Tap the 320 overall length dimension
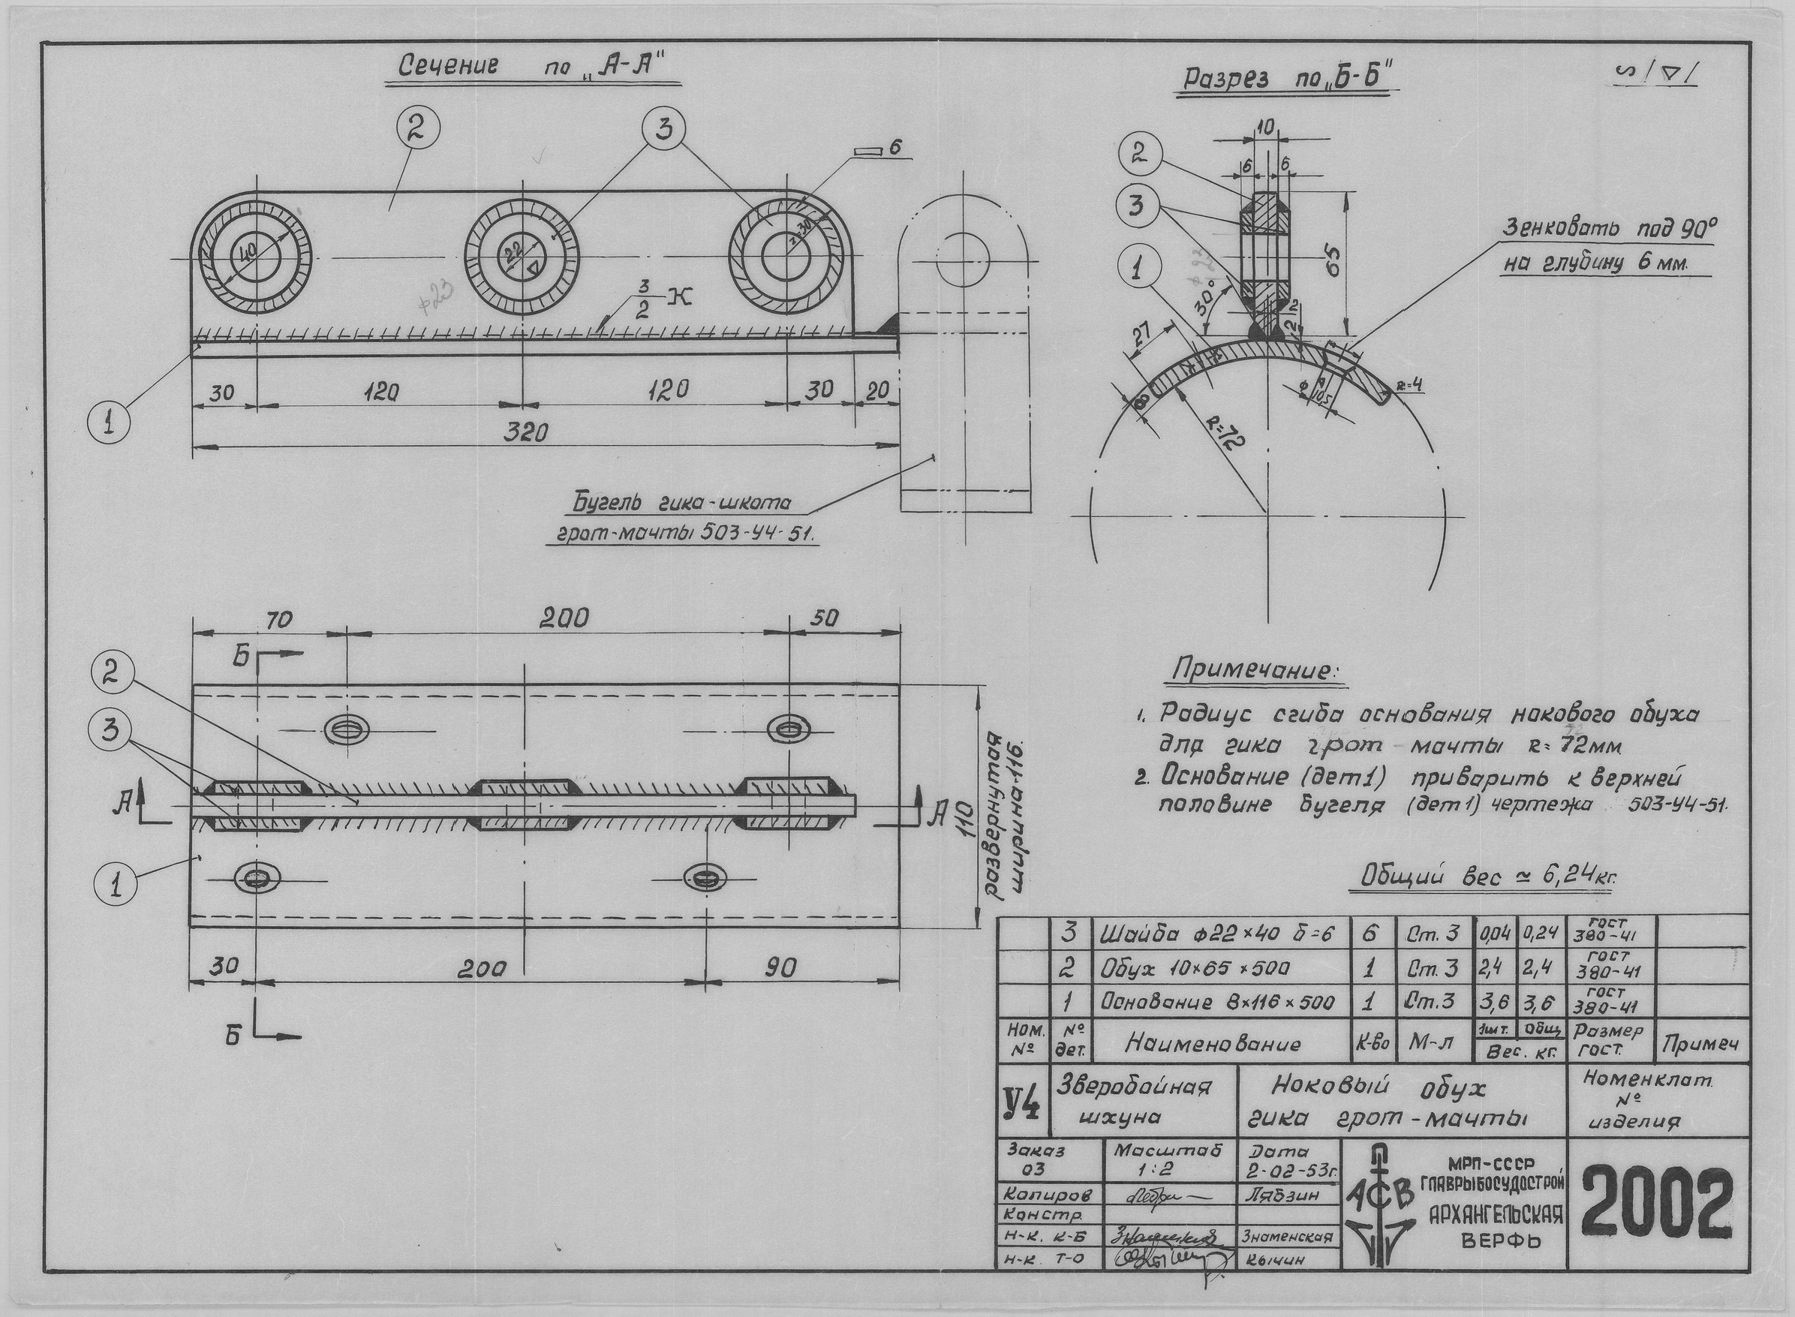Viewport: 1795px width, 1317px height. (527, 432)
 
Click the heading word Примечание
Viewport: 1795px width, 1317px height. (1256, 671)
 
